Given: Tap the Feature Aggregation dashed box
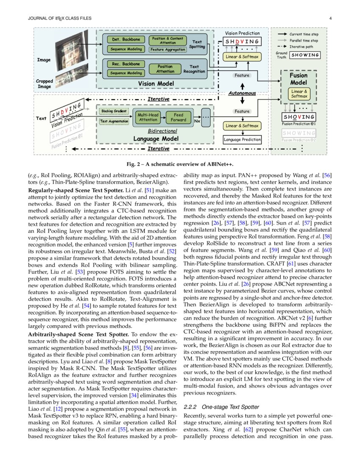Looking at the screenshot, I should click(x=168, y=50).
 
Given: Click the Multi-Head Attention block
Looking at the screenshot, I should click(x=148, y=117).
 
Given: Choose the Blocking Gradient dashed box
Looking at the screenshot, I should click(x=114, y=111).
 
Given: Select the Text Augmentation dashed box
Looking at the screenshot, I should click(x=114, y=121).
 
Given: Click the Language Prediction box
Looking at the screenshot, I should click(x=242, y=139).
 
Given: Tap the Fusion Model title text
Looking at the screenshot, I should click(x=299, y=79).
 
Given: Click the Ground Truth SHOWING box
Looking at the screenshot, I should click(x=305, y=55).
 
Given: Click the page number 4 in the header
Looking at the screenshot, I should click(x=330, y=18).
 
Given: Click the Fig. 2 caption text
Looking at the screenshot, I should click(x=180, y=164).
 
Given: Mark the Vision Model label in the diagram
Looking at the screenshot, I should click(x=156, y=84).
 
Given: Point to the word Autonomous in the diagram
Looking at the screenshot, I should click(x=242, y=93).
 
